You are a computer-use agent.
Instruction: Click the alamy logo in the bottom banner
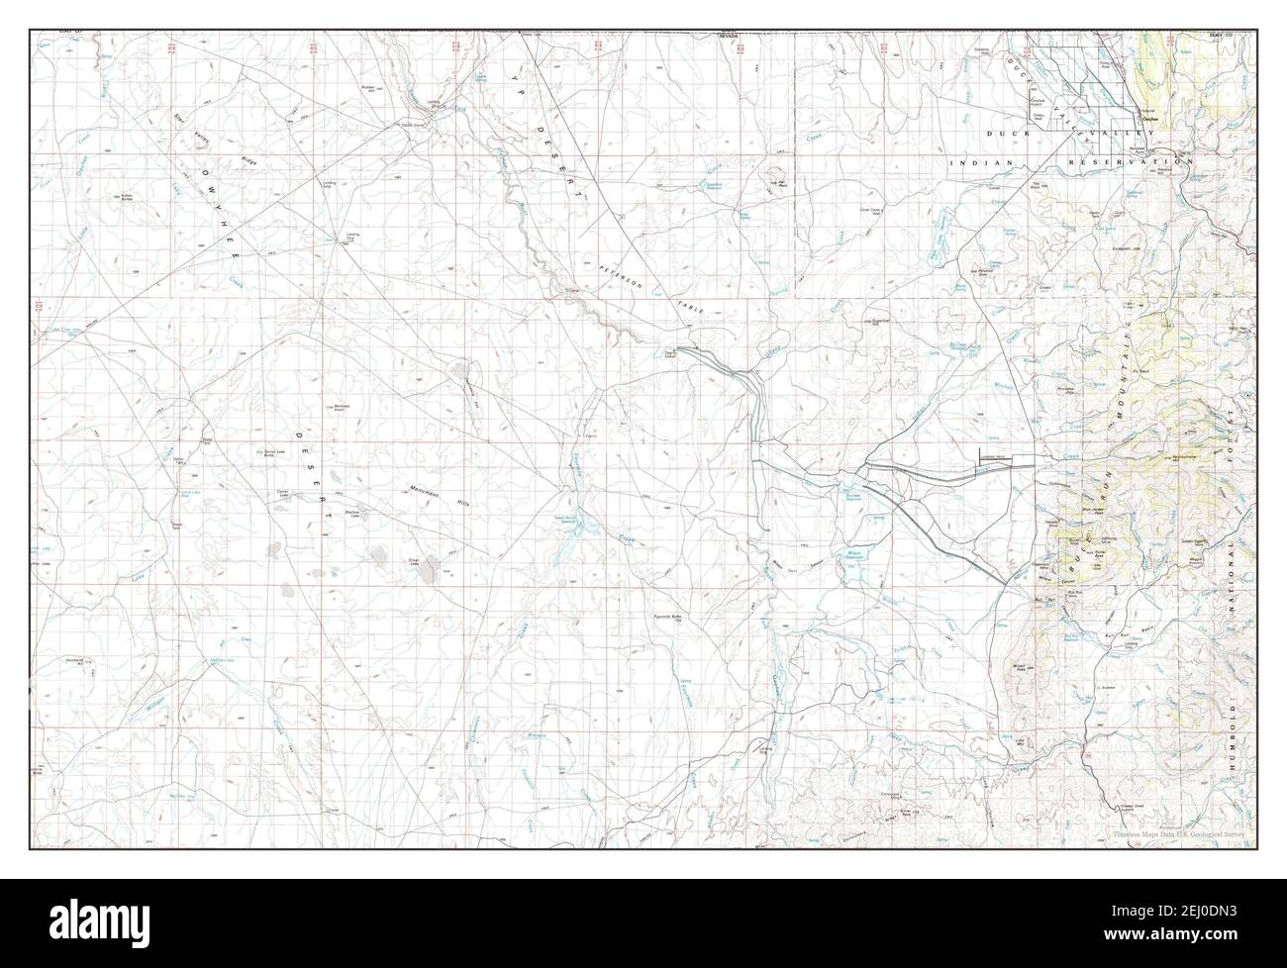tap(110, 922)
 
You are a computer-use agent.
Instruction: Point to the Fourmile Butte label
tap(669, 617)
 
